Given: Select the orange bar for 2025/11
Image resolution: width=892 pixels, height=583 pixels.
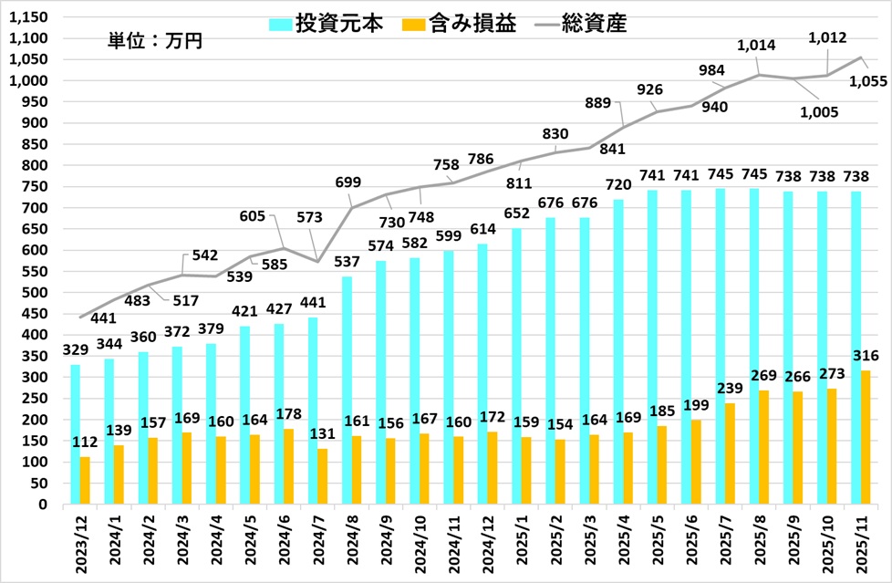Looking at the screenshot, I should pos(865,437).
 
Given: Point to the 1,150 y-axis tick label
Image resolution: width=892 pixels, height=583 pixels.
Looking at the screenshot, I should pos(31,17).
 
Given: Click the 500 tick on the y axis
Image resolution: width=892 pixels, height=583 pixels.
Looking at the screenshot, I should pos(37,292).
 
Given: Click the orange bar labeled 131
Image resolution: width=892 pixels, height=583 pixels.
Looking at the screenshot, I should pos(321,476).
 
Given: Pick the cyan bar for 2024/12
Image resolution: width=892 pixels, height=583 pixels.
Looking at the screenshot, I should pos(483,374).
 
